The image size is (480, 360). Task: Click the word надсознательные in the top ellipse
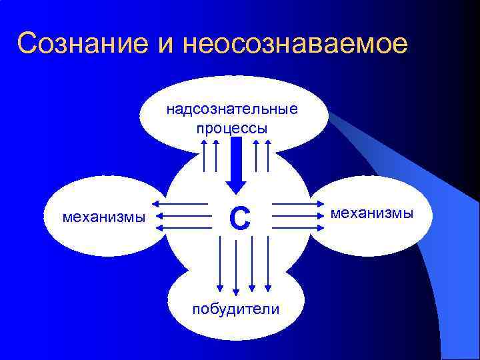tap(232, 108)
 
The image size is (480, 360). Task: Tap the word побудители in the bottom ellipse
tap(235, 309)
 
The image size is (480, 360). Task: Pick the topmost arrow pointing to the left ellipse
tap(179, 203)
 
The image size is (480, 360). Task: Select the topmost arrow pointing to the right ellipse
tap(297, 203)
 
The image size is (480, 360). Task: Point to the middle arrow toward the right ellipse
tap(297, 216)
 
